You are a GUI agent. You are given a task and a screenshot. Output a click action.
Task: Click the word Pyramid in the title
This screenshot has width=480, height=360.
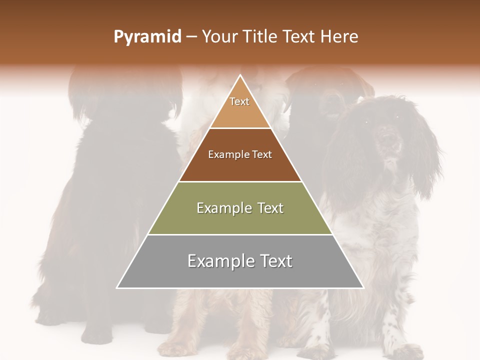point(147,37)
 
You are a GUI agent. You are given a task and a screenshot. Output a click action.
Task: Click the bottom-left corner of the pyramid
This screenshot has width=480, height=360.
point(117,288)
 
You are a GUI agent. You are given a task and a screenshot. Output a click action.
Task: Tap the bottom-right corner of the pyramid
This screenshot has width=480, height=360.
point(363,288)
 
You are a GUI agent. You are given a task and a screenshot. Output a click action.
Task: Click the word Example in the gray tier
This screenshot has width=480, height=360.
point(218,261)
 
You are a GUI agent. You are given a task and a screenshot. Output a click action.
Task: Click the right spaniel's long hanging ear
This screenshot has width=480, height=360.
point(425,160)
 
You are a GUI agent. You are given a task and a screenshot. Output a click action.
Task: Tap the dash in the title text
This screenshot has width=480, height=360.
point(191,37)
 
